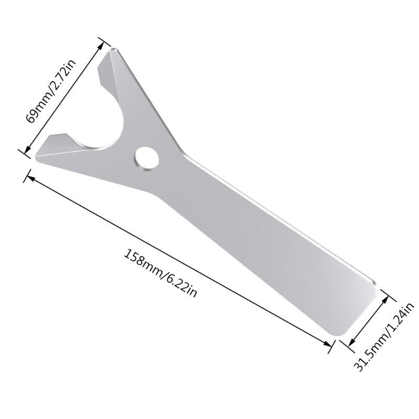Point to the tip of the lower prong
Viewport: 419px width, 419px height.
coord(36,155)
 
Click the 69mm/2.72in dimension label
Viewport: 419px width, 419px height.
coord(51,91)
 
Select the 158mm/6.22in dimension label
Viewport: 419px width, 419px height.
coord(160,272)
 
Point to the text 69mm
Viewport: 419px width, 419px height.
coord(38,108)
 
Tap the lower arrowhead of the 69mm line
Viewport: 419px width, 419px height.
coord(26,150)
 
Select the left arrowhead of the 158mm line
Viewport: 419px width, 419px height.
coord(29,178)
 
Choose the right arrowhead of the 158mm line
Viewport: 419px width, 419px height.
coord(329,344)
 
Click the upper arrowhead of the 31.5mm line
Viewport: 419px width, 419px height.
coord(388,297)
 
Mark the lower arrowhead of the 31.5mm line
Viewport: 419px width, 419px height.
coord(348,341)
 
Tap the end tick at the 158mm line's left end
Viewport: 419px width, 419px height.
coord(25,175)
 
